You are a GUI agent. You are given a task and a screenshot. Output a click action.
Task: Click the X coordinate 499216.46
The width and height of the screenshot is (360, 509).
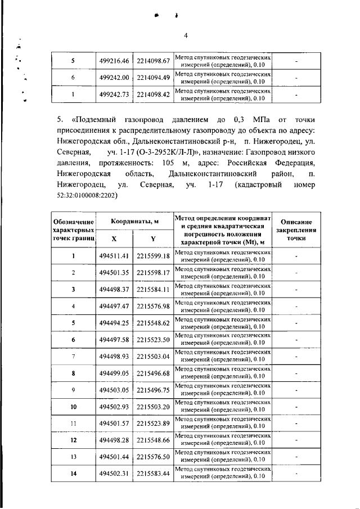pos(114,61)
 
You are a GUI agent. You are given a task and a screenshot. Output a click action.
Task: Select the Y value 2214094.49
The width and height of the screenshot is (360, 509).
pos(154,77)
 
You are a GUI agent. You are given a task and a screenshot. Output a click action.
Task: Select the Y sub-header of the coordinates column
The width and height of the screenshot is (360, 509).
pos(153,238)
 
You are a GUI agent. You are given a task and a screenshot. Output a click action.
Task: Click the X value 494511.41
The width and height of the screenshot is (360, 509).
pos(114,256)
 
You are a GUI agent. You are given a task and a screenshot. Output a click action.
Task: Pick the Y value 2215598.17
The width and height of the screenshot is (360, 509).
pos(154,273)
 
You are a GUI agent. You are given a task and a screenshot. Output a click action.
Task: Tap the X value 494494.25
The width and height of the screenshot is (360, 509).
pos(114,323)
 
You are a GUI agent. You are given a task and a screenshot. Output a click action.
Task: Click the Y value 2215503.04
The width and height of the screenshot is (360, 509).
pos(154,357)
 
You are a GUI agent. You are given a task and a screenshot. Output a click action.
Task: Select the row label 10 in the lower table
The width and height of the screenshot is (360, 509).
pos(73,407)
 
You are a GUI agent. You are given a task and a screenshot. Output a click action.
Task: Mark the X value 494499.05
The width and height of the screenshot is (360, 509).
pos(114,373)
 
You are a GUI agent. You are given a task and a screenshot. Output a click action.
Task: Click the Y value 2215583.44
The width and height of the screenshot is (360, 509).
pos(154,474)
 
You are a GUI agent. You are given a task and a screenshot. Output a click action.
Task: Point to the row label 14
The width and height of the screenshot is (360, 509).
pos(73,474)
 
